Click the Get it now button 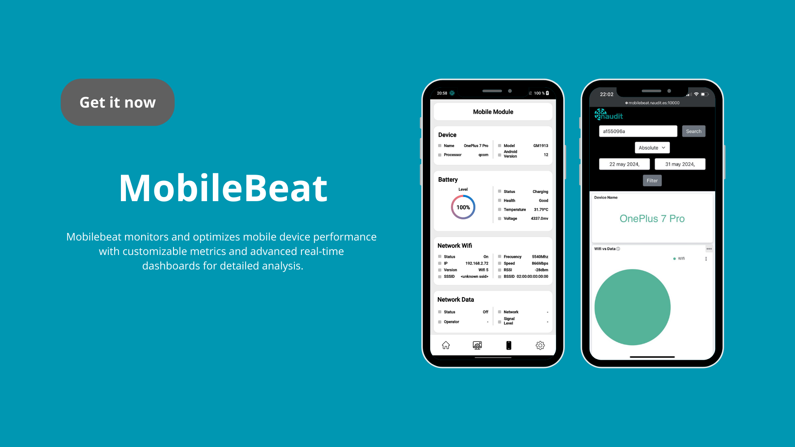(x=118, y=102)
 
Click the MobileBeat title (x=223, y=188)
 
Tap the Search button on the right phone (x=694, y=131)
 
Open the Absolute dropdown (x=652, y=148)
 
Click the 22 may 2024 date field (x=624, y=164)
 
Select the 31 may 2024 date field (x=680, y=164)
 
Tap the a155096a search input (x=638, y=131)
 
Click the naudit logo (x=609, y=115)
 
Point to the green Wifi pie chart (x=632, y=307)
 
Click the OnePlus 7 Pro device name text (x=652, y=219)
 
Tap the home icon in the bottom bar (x=446, y=345)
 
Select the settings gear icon (x=540, y=345)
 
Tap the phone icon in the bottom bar (x=509, y=345)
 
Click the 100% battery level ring (x=463, y=195)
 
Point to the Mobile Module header (x=493, y=112)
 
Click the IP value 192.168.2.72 (x=477, y=263)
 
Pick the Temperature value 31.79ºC (x=541, y=209)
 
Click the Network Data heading (x=455, y=300)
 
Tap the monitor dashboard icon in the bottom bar (x=477, y=345)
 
